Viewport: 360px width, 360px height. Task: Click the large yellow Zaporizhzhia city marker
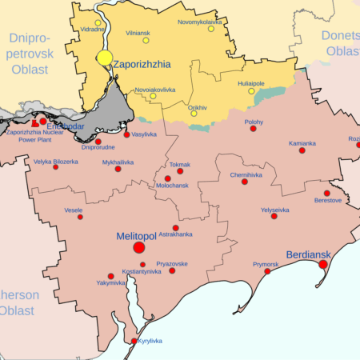[105, 58]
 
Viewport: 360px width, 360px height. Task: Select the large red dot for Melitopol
[139, 249]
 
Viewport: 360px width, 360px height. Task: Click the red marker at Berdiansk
[323, 264]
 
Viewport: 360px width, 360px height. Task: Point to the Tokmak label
[180, 164]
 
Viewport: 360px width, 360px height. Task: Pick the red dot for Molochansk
[168, 178]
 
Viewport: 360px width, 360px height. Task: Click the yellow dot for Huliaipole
[251, 90]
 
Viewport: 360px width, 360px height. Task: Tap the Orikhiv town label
[198, 106]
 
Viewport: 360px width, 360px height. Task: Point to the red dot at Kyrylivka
[134, 341]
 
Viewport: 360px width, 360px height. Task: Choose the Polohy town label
[254, 121]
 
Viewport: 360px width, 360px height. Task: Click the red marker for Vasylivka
[126, 134]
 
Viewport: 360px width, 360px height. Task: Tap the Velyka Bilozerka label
[56, 161]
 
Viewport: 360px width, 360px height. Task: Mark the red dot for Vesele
[80, 217]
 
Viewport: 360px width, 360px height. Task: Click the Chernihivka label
[246, 174]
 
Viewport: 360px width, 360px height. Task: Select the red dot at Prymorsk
[267, 271]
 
